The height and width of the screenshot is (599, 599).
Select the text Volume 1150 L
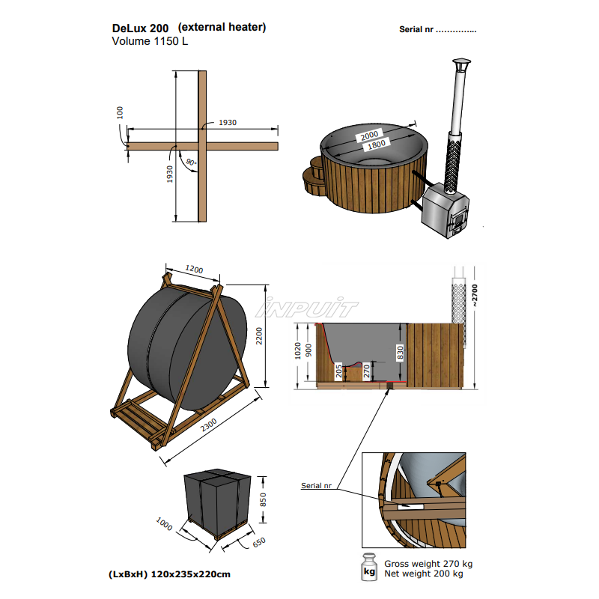coord(150,41)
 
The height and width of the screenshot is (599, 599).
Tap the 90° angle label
coord(191,162)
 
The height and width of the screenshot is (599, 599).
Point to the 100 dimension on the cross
coord(121,112)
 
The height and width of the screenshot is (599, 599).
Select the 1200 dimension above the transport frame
coord(194,269)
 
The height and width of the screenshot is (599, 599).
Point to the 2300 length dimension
coord(209,425)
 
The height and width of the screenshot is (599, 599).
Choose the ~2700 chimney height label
coord(474,294)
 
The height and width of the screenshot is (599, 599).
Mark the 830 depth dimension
coord(401,353)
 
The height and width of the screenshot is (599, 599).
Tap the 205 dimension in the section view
coord(339,371)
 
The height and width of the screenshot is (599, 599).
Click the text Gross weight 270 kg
coord(428,564)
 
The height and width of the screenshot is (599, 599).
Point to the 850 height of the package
coord(263,499)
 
